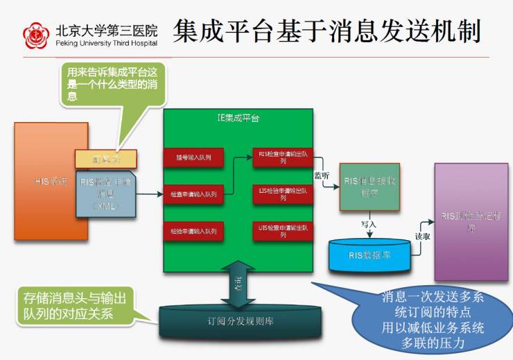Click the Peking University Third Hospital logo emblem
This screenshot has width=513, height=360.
pyautogui.click(x=37, y=35)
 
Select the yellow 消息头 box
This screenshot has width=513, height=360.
pyautogui.click(x=106, y=159)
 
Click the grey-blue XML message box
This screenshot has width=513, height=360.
pyautogui.click(x=105, y=194)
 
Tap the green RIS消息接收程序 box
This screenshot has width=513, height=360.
pyautogui.click(x=369, y=187)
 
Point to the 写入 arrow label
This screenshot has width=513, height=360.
pyautogui.click(x=368, y=224)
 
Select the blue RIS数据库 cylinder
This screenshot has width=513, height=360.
pyautogui.click(x=369, y=256)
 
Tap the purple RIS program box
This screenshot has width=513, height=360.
pyautogui.click(x=471, y=221)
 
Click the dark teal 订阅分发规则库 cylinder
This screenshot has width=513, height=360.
pyautogui.click(x=235, y=321)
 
